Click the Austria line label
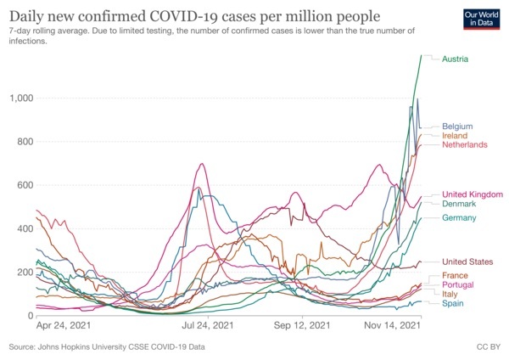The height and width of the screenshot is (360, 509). pyautogui.click(x=456, y=59)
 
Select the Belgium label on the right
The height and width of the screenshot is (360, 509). pyautogui.click(x=457, y=127)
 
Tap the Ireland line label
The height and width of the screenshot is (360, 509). pyautogui.click(x=456, y=136)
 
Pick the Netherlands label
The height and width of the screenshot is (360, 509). pyautogui.click(x=465, y=145)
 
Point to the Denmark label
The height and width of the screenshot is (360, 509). pyautogui.click(x=459, y=205)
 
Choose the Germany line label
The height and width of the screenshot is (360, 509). pyautogui.click(x=459, y=219)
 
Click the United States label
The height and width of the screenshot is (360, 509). pyautogui.click(x=467, y=262)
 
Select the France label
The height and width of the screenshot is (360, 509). pyautogui.click(x=456, y=277)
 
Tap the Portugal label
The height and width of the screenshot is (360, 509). pyautogui.click(x=458, y=285)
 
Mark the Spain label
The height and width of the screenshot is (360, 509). pyautogui.click(x=454, y=303)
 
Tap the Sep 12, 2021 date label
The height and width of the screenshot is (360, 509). pyautogui.click(x=301, y=326)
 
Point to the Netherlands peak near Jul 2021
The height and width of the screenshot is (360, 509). pyautogui.click(x=202, y=164)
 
